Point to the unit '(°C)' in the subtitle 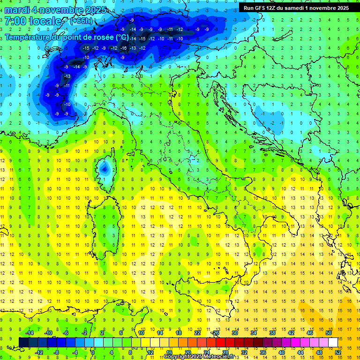coord(121,37)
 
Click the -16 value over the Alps coord(123,48)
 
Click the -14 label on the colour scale coord(30,332)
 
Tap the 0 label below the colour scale coord(93,352)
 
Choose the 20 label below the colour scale coord(187,352)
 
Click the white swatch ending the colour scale coord(333,342)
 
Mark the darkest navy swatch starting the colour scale coord(23,342)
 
